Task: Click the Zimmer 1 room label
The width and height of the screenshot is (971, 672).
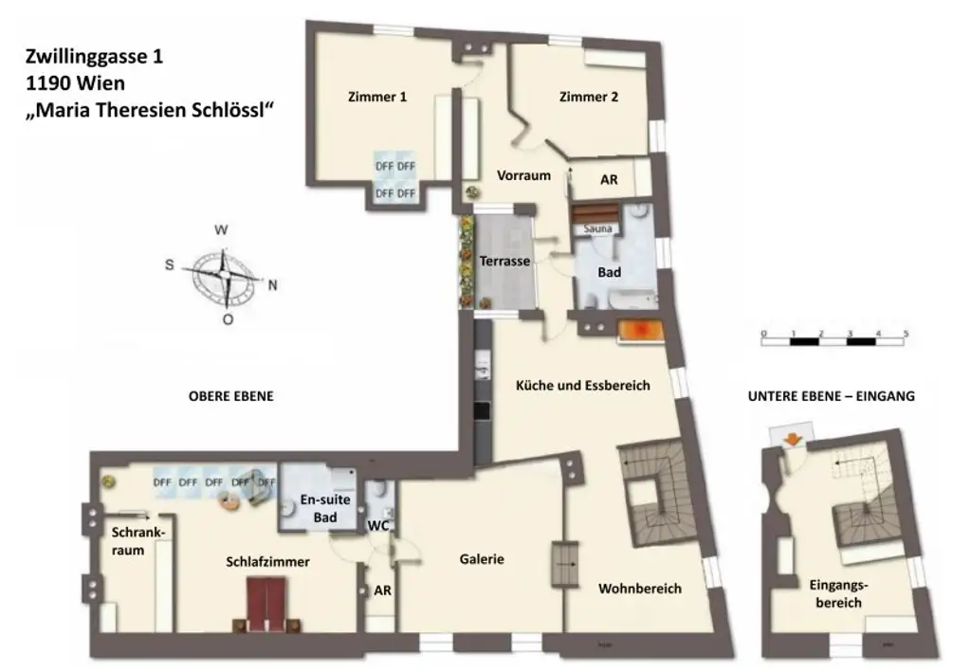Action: (x=377, y=97)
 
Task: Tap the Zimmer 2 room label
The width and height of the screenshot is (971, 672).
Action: (x=589, y=97)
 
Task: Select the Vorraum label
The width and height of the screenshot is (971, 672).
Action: (x=523, y=174)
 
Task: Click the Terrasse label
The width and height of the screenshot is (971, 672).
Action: (x=504, y=261)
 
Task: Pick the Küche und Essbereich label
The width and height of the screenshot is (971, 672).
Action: (x=582, y=386)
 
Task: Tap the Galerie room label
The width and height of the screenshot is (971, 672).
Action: (x=482, y=559)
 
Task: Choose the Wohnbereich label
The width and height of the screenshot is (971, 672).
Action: (x=639, y=589)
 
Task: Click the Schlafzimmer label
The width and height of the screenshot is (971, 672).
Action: (x=267, y=562)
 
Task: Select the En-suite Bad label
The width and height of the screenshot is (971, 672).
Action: (x=319, y=508)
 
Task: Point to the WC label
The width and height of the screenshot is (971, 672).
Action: (x=378, y=525)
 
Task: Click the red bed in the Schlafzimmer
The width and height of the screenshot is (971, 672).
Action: (x=268, y=604)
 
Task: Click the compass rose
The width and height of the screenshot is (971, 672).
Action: (x=224, y=274)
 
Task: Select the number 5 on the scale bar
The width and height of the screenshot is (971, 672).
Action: (x=906, y=334)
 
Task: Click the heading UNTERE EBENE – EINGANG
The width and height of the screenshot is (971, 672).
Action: (x=831, y=397)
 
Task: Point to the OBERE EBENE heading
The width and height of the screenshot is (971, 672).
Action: (x=230, y=397)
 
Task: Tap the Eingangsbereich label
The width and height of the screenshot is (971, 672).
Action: (x=838, y=593)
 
